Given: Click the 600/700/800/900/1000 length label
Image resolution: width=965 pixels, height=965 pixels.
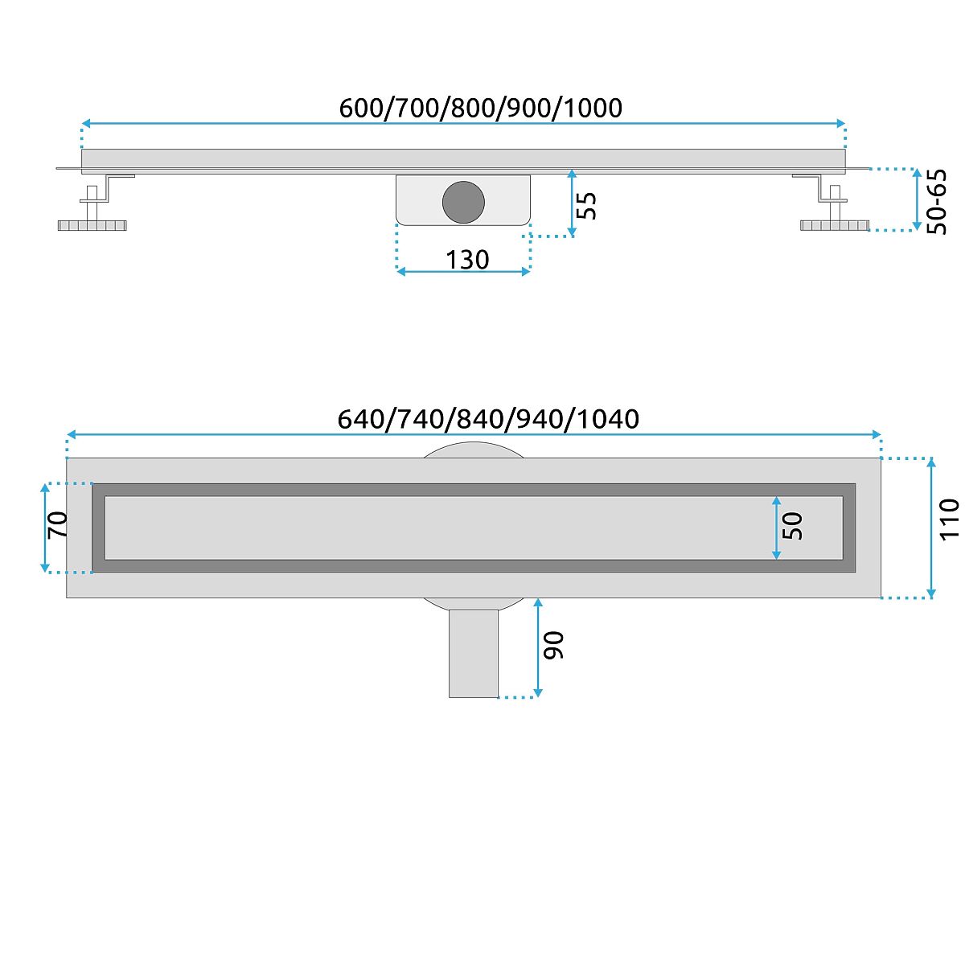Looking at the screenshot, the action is pyautogui.click(x=480, y=108).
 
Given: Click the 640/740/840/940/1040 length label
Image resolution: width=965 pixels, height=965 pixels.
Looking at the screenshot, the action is pyautogui.click(x=488, y=419).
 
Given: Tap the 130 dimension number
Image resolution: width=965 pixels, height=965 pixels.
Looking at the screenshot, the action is pyautogui.click(x=467, y=260).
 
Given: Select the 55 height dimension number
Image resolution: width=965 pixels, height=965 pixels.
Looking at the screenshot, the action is pyautogui.click(x=586, y=206).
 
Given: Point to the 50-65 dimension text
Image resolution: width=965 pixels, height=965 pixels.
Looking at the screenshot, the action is pyautogui.click(x=936, y=202).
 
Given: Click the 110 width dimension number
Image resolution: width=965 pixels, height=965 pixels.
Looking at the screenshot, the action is pyautogui.click(x=949, y=519).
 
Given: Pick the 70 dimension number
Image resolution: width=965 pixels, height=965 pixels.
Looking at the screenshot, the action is pyautogui.click(x=58, y=524).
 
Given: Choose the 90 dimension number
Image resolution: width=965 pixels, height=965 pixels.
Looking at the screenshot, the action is pyautogui.click(x=553, y=645).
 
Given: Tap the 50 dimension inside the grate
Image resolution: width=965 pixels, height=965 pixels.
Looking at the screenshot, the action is pyautogui.click(x=792, y=526).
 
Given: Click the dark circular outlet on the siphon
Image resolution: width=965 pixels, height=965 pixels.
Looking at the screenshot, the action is pyautogui.click(x=463, y=202).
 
